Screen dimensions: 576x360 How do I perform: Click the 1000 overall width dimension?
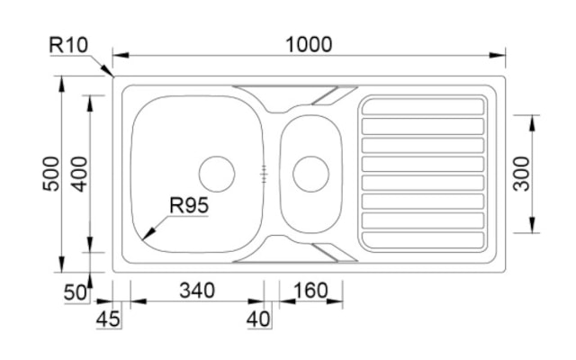pyautogui.click(x=309, y=44)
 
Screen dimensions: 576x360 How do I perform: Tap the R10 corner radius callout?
pyautogui.click(x=68, y=45)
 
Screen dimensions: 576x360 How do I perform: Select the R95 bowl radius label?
pyautogui.click(x=189, y=205)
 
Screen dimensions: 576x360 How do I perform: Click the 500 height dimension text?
pyautogui.click(x=51, y=174)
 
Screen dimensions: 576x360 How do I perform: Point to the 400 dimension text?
pyautogui.click(x=79, y=174)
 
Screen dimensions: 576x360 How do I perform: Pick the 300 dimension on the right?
pyautogui.click(x=521, y=174)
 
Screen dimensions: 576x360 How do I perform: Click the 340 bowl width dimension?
pyautogui.click(x=197, y=290)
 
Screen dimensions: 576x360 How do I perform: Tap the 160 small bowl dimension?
pyautogui.click(x=310, y=290)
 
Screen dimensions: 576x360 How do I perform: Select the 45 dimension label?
pyautogui.click(x=108, y=319)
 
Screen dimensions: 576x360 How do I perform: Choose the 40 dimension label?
pyautogui.click(x=258, y=319)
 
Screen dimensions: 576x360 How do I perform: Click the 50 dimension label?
pyautogui.click(x=76, y=292)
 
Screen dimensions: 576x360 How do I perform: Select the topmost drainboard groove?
pyautogui.click(x=423, y=106)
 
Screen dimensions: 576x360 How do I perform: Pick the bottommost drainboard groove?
pyautogui.click(x=423, y=240)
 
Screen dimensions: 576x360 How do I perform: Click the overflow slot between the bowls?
pyautogui.click(x=264, y=174)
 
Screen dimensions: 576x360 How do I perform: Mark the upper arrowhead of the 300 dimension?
pyautogui.click(x=533, y=122)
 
